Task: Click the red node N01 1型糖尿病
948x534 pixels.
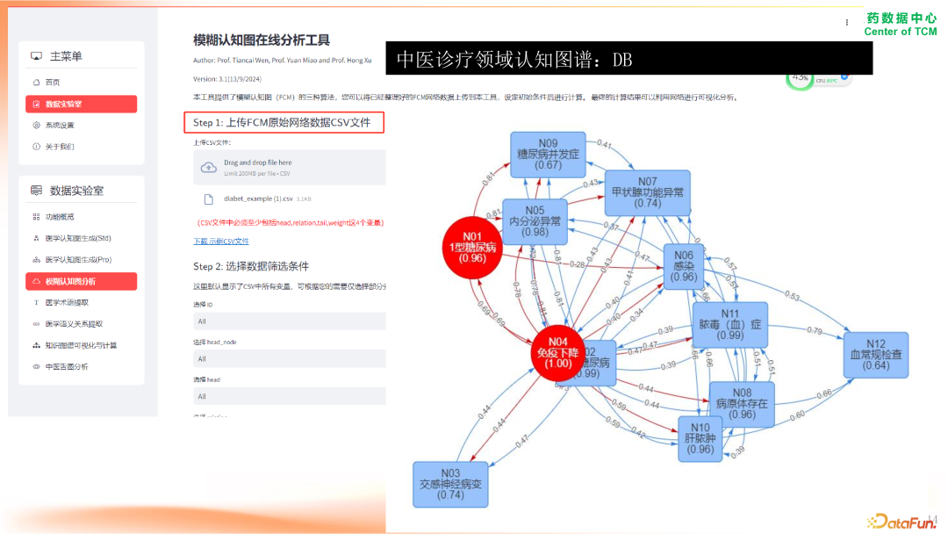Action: (x=473, y=248)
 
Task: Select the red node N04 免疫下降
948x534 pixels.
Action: (x=558, y=352)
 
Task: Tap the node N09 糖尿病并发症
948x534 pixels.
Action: (x=549, y=154)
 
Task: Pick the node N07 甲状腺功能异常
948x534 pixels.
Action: (x=647, y=192)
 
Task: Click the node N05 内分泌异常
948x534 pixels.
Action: (x=535, y=220)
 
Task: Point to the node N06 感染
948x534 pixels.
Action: (x=683, y=266)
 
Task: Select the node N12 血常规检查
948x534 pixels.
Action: (x=875, y=355)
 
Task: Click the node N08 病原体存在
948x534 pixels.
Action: (x=742, y=404)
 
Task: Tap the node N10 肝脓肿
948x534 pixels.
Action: (x=700, y=438)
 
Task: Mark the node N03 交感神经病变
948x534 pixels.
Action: (x=450, y=484)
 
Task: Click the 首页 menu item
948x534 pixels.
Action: (x=53, y=82)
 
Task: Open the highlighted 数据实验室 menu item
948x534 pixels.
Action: (x=81, y=104)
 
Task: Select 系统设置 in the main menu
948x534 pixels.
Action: (x=60, y=126)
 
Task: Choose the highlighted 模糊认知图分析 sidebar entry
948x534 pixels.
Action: (x=81, y=281)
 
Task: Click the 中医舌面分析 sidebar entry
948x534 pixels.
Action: (x=67, y=366)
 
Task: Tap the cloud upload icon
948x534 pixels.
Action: (x=209, y=167)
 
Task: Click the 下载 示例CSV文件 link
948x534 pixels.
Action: (x=221, y=241)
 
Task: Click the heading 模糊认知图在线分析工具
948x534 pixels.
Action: (x=262, y=40)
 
